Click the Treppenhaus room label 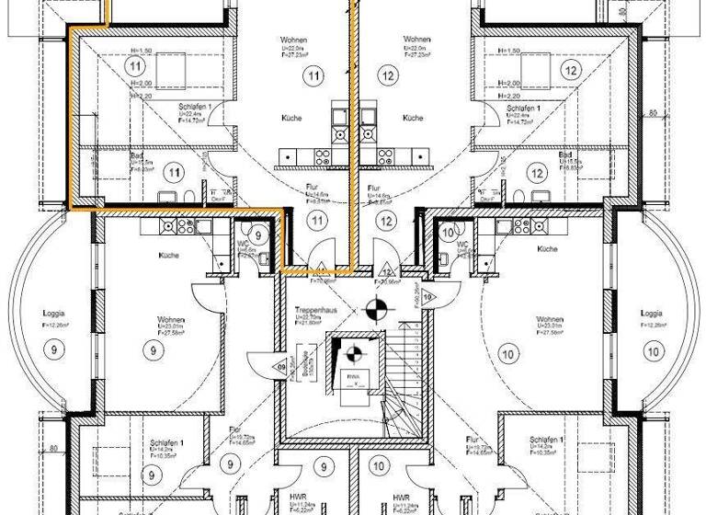(315, 311)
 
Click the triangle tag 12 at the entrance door (387, 271)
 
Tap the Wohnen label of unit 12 (417, 40)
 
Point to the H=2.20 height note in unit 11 (141, 94)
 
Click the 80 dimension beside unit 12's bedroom (651, 114)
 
